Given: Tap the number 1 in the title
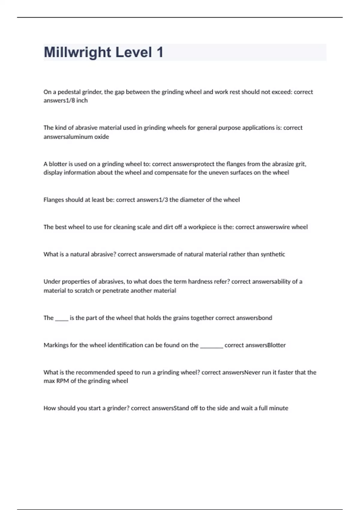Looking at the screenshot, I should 160,52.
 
